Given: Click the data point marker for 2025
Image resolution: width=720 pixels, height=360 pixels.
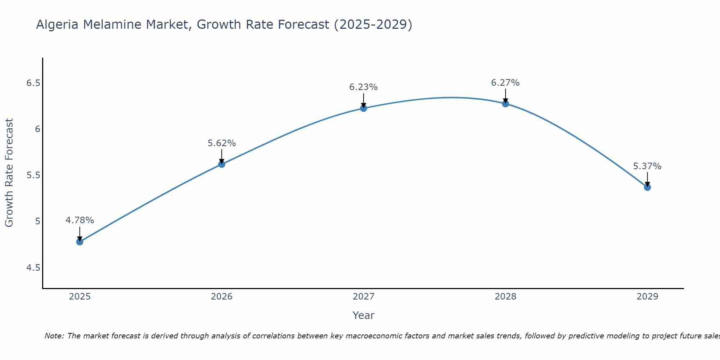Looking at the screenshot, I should (80, 242).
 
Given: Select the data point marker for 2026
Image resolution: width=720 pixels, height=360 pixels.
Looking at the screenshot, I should (221, 164).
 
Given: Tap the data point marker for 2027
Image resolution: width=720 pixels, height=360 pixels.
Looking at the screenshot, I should (363, 108).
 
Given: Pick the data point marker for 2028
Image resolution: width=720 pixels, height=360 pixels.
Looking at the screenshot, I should (505, 104).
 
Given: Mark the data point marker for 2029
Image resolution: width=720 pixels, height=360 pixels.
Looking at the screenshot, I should (647, 187).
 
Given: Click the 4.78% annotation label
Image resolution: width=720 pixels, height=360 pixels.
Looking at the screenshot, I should (80, 220).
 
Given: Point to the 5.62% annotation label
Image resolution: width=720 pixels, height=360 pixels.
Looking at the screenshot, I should (221, 143).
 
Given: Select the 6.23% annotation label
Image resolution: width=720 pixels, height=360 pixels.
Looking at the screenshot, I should (363, 87).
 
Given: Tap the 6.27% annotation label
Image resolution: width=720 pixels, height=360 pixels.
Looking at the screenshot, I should (505, 82).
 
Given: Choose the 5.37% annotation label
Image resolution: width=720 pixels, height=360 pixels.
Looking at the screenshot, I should (647, 166).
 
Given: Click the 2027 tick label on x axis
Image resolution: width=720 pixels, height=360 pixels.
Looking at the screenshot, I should (363, 297).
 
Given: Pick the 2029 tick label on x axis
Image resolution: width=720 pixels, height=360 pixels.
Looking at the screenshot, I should (647, 297).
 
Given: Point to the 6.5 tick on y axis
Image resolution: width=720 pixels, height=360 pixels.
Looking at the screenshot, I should (33, 83).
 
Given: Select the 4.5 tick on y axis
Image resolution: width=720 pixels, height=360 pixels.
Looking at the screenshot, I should (33, 268).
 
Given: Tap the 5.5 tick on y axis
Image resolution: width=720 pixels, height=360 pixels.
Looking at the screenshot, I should (33, 175).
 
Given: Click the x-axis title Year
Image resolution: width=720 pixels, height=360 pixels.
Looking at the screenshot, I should (363, 315).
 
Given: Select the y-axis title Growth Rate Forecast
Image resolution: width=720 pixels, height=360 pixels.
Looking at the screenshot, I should (9, 172).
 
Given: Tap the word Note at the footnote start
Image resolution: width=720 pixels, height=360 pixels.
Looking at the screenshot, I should (54, 336).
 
